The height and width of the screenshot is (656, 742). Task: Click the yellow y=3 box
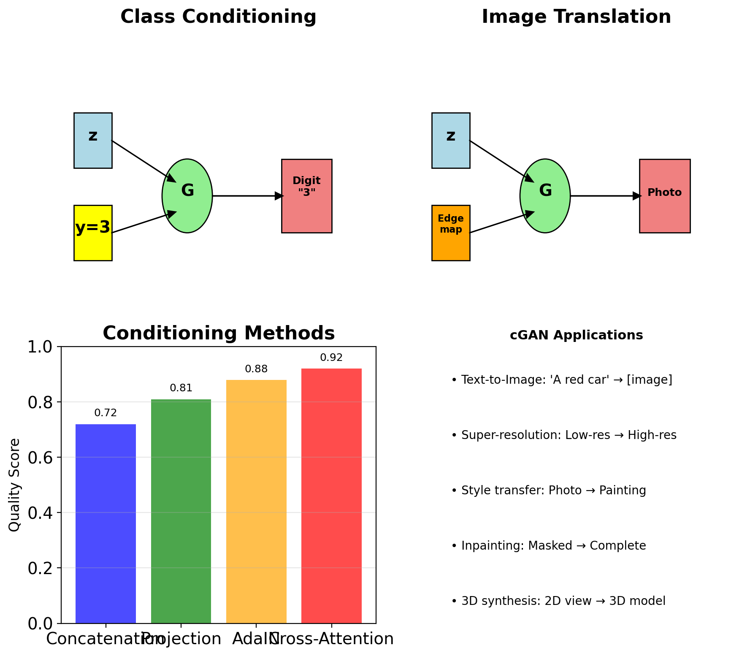point(93,233)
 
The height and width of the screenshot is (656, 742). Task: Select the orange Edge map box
point(450,233)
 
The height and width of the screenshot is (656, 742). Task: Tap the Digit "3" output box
point(306,196)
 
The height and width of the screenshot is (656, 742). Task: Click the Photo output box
point(664,196)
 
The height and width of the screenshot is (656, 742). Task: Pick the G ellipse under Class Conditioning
point(187,196)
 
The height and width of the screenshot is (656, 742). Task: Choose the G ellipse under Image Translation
point(545,196)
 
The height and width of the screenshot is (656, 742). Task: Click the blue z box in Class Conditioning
point(93,141)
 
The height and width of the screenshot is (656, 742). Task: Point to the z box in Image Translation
point(450,141)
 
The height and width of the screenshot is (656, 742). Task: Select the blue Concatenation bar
point(106,523)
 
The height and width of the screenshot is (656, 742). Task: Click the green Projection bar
point(181,511)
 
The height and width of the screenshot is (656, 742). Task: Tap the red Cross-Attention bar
point(331,496)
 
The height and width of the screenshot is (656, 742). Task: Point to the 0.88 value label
point(256,369)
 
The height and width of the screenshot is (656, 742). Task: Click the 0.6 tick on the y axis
point(42,458)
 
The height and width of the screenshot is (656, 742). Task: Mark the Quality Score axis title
point(14,485)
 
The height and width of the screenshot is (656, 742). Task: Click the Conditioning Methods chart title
point(219,333)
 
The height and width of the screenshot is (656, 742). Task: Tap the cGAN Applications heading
point(576,335)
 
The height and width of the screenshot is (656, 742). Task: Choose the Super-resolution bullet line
point(564,435)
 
